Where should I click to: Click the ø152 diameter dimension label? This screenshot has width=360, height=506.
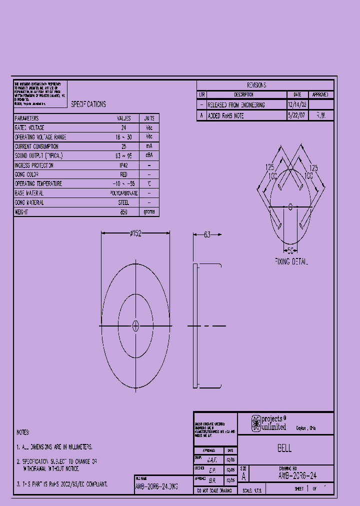(135, 233)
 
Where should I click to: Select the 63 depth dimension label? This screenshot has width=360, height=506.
(207, 234)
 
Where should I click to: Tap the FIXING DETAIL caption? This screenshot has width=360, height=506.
(291, 261)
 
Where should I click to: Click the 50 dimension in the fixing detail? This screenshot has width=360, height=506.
(291, 251)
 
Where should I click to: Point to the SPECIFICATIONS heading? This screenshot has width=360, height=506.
(88, 104)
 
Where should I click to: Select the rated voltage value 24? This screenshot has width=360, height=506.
(123, 127)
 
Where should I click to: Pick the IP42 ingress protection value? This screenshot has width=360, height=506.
(123, 165)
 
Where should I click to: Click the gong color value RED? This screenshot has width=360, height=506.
(123, 174)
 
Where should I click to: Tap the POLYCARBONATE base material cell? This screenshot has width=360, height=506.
(123, 193)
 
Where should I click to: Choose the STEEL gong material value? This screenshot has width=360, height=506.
(123, 202)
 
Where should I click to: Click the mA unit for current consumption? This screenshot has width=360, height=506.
(149, 146)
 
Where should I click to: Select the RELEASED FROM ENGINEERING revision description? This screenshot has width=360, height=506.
(236, 105)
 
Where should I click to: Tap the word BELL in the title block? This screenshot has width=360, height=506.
(284, 448)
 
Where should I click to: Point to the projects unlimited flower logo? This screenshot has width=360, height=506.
(256, 423)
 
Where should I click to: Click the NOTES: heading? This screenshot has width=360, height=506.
(23, 432)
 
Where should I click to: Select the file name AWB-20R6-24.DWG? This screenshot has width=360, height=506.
(156, 486)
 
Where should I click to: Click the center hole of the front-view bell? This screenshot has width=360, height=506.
(135, 326)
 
